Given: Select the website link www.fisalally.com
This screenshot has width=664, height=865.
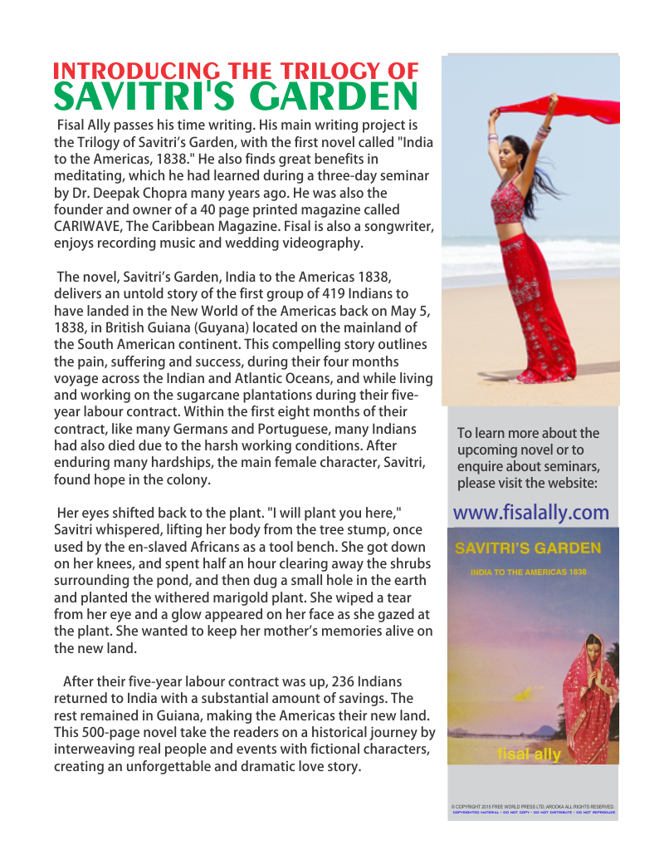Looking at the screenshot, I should (x=531, y=512).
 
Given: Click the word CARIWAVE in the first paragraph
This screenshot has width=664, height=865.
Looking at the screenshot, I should (x=91, y=227).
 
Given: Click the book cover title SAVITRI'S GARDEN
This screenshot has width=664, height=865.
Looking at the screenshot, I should (x=528, y=549).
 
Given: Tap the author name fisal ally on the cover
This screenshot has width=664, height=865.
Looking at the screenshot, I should (x=529, y=754).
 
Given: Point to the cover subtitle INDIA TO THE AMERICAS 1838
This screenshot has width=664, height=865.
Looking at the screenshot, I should (x=528, y=573).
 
